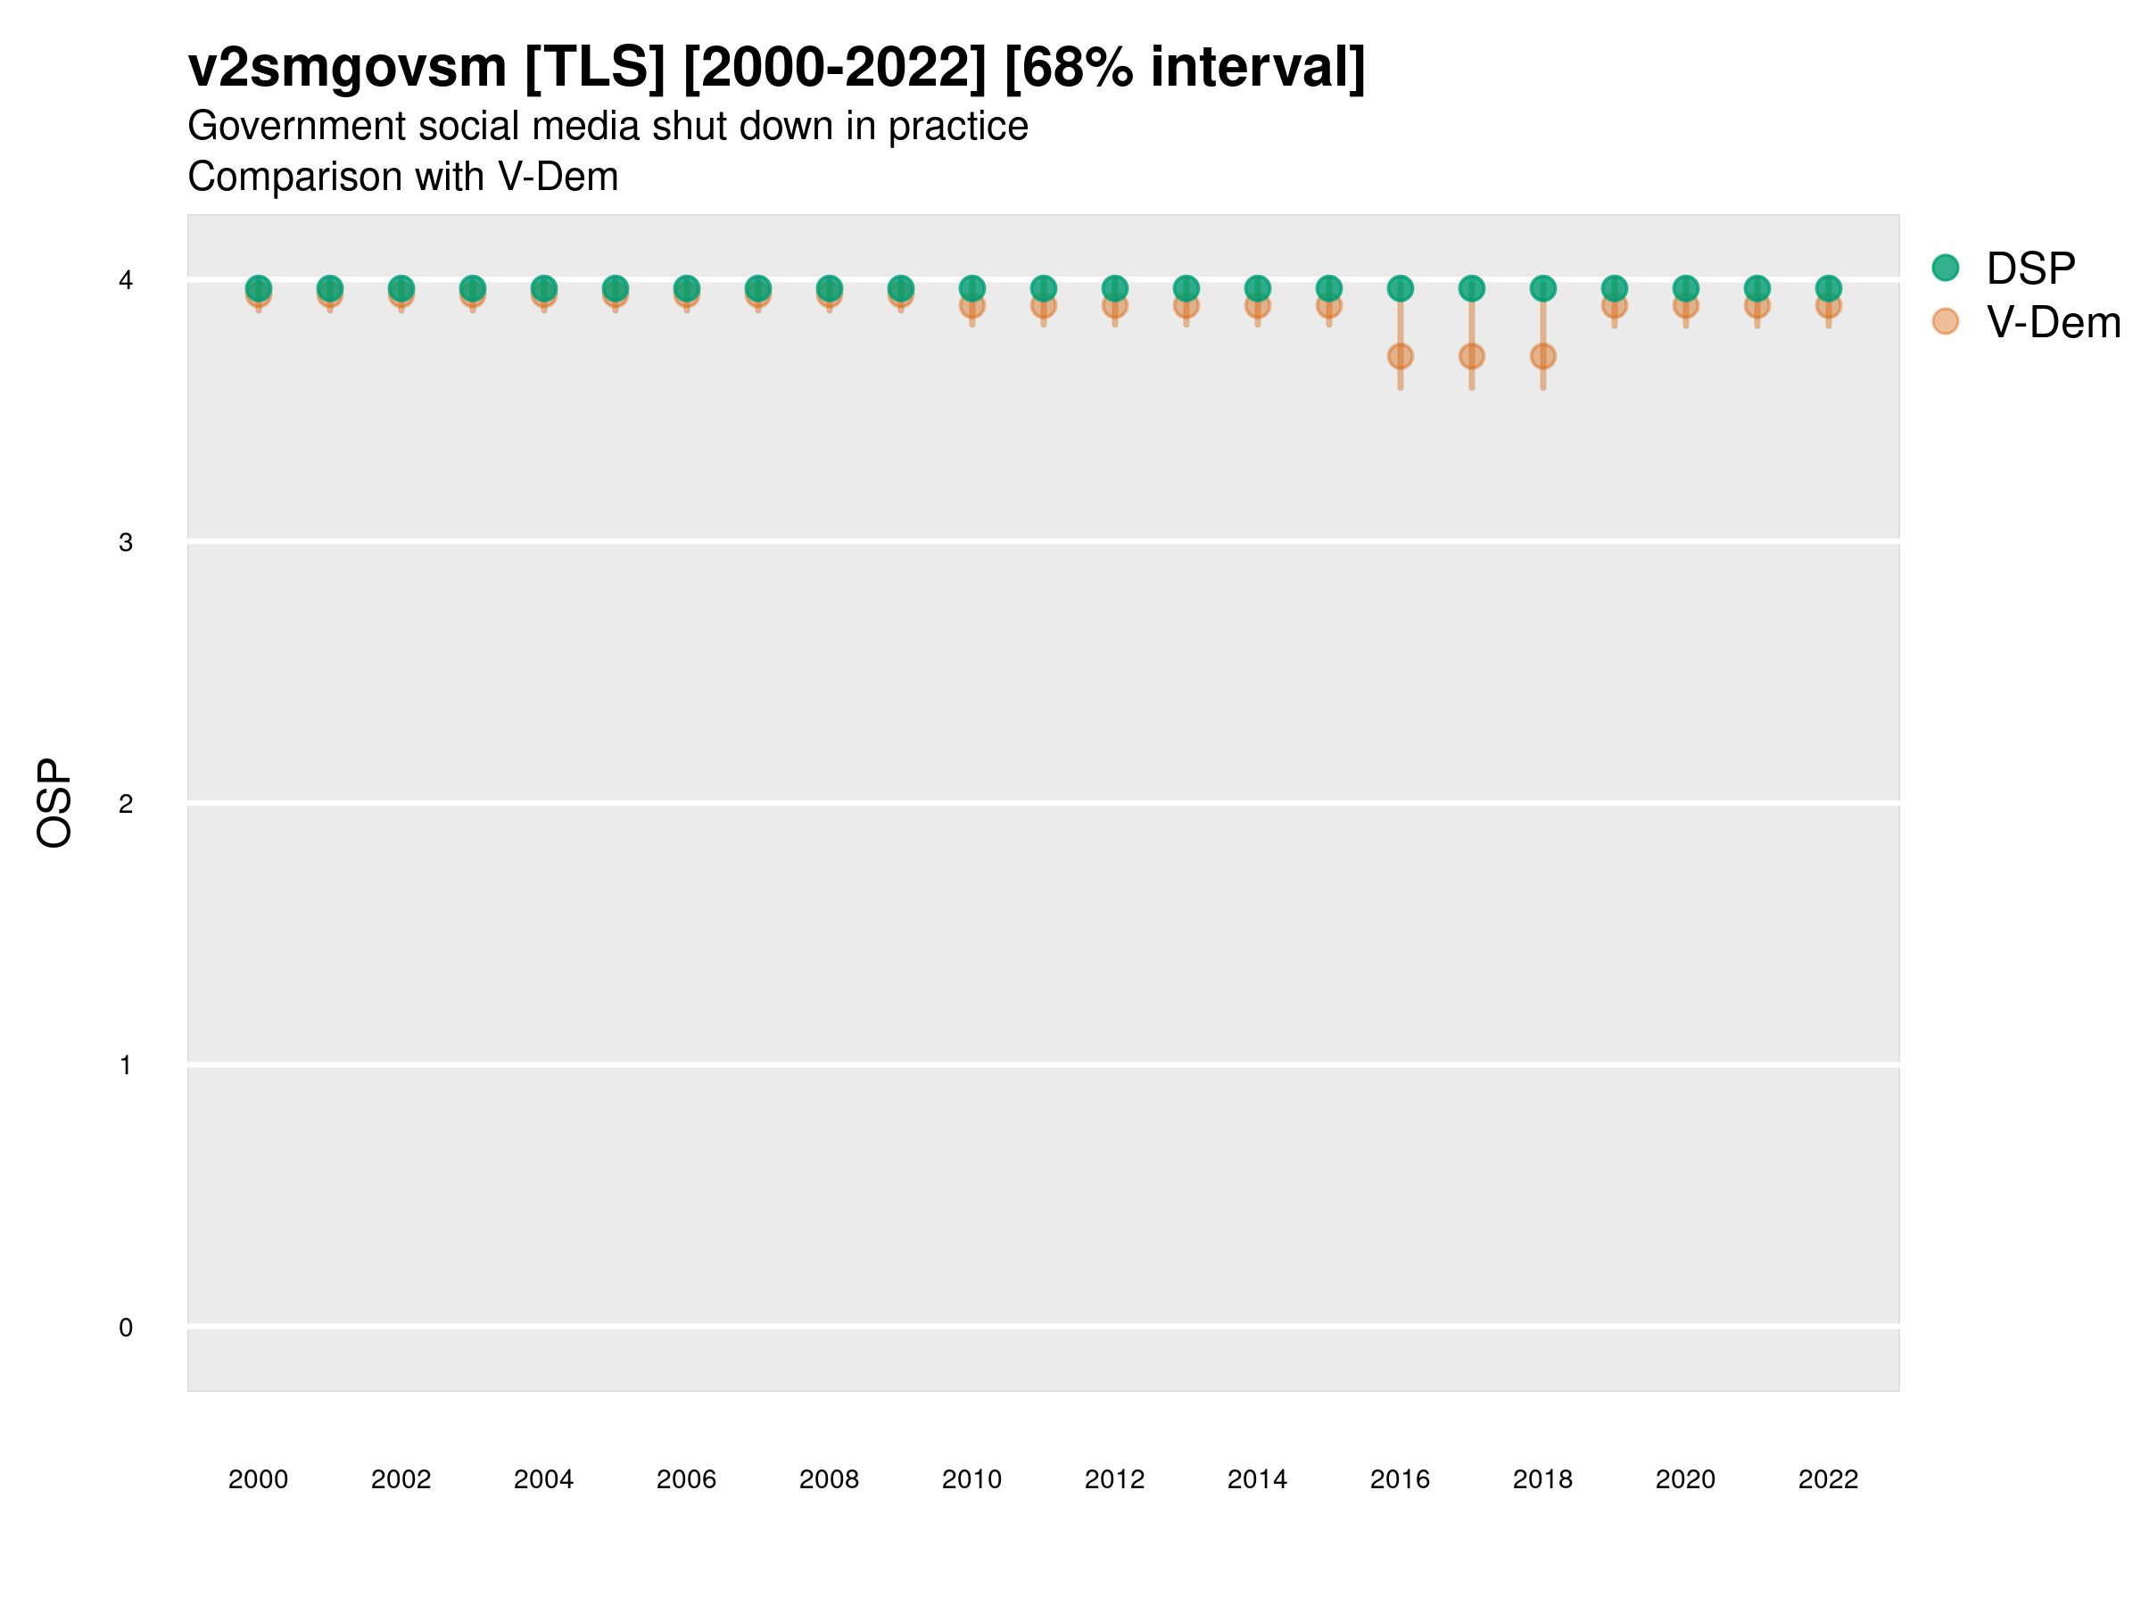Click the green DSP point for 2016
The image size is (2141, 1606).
tap(1400, 288)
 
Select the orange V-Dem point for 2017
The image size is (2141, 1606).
tap(1471, 356)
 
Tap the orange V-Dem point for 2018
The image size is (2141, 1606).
tap(1542, 356)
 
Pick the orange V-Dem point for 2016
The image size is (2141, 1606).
tap(1400, 356)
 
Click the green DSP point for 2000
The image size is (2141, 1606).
tap(259, 288)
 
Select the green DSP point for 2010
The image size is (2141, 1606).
tap(971, 288)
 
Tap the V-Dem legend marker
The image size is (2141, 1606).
tap(1946, 321)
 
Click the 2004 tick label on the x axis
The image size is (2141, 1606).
tap(543, 1479)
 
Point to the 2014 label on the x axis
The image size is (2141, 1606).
tap(1257, 1479)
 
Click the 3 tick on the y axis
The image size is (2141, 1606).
tap(126, 542)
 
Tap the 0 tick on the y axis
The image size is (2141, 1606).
tap(126, 1328)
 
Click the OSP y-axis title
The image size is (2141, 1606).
tap(54, 804)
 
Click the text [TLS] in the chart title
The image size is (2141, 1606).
tap(594, 68)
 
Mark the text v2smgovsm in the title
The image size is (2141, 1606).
tap(346, 68)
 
